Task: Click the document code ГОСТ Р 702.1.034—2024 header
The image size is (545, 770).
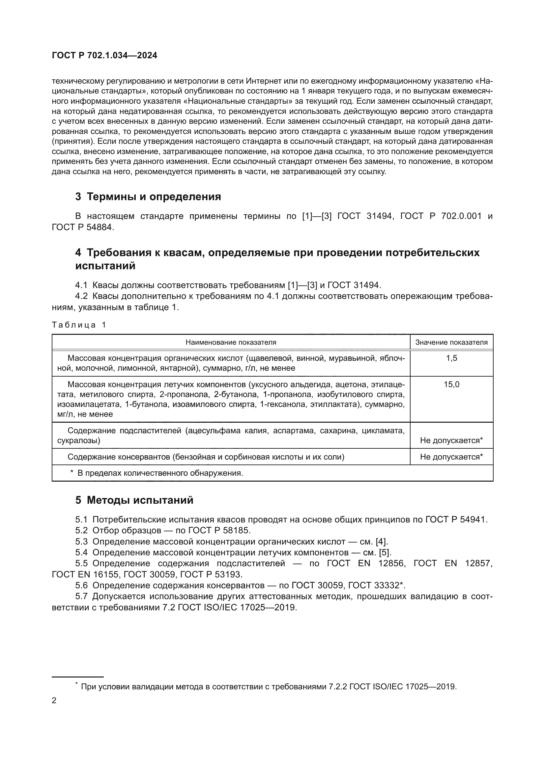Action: (104, 56)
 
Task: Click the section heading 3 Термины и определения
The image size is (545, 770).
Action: (148, 197)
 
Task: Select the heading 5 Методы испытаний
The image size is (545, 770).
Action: (134, 500)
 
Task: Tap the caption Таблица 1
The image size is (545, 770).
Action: (79, 325)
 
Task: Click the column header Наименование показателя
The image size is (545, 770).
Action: (231, 342)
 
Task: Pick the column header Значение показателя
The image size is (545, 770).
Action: (451, 342)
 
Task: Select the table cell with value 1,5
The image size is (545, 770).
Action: (451, 358)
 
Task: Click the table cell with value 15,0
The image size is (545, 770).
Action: (451, 384)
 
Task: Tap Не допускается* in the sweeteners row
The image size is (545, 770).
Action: (451, 440)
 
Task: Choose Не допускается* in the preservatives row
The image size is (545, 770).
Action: (451, 457)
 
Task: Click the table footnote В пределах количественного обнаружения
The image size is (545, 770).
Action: (160, 473)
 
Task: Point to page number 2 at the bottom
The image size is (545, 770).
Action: (54, 701)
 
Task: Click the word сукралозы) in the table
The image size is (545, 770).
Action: (79, 440)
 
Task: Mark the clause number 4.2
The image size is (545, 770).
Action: (81, 296)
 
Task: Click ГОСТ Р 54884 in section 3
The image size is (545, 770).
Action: (83, 227)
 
